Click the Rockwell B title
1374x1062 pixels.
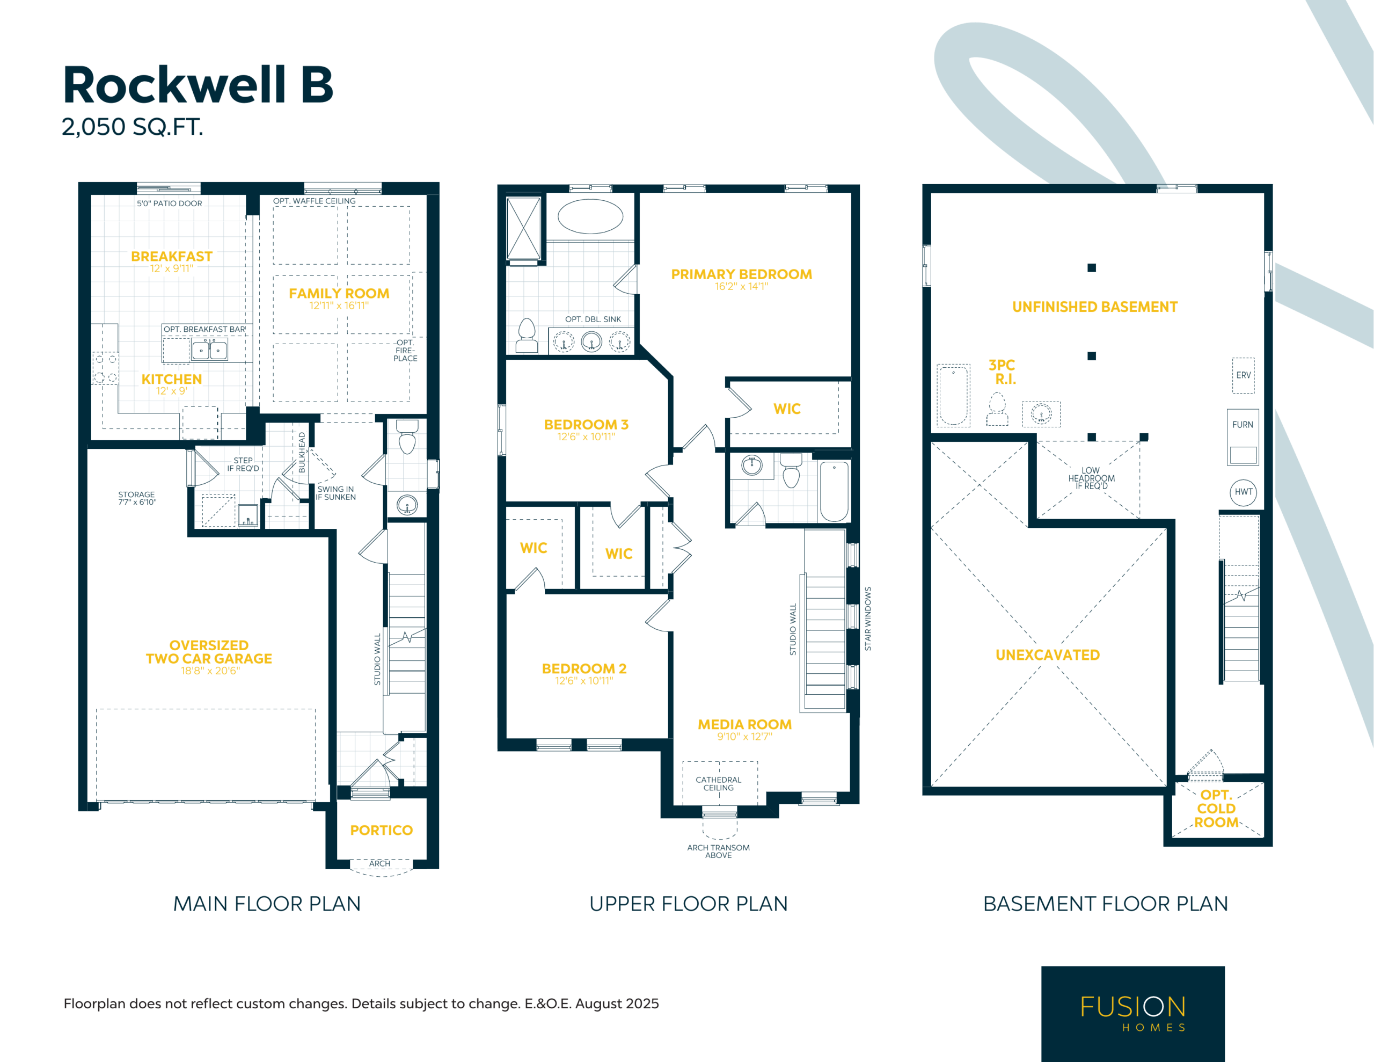click(x=198, y=85)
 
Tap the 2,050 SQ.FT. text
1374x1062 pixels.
click(x=132, y=127)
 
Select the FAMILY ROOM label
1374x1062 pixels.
click(x=339, y=293)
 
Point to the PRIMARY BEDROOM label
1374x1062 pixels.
click(x=741, y=274)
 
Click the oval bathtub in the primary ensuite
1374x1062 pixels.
click(x=590, y=216)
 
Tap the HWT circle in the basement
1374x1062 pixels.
click(x=1243, y=492)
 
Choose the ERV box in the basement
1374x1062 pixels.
click(x=1243, y=375)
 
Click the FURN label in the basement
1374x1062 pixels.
click(x=1243, y=425)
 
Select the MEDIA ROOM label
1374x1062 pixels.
click(x=745, y=725)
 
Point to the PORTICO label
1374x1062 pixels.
click(x=381, y=831)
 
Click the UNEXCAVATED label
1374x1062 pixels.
click(x=1048, y=654)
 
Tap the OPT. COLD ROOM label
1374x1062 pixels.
click(x=1216, y=808)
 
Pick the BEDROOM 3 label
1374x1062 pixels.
click(x=586, y=425)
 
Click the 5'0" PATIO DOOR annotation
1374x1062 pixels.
click(x=169, y=203)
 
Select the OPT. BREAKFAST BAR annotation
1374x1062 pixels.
click(x=204, y=329)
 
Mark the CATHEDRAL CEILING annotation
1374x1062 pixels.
click(x=719, y=784)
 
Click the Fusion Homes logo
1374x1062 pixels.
click(x=1133, y=1014)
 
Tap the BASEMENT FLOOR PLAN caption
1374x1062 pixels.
click(x=1105, y=904)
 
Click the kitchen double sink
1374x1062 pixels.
click(x=209, y=350)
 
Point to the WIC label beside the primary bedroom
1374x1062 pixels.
click(x=787, y=409)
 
